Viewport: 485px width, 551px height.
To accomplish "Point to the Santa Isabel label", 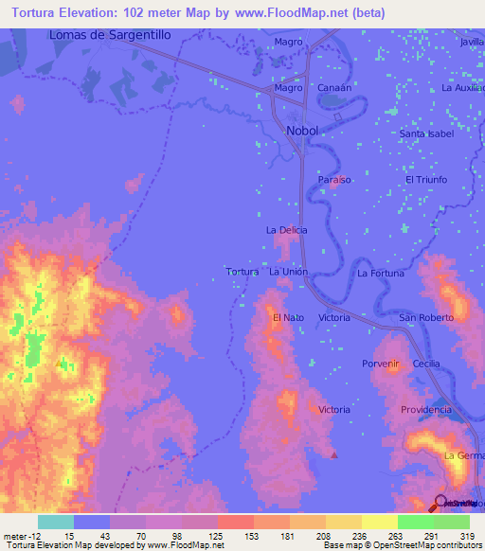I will click(426, 133).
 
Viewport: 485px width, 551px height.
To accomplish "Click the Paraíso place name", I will click(334, 179).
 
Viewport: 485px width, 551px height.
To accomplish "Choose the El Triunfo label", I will click(426, 179).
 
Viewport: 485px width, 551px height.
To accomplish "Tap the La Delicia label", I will click(285, 230).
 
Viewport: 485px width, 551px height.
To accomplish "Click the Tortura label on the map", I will click(242, 272).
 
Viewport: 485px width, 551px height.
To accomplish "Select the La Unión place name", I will click(289, 272).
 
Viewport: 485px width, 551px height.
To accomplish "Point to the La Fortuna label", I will click(381, 273).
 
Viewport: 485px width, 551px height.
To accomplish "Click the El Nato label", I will click(287, 317).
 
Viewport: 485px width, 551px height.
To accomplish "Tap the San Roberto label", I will click(425, 317).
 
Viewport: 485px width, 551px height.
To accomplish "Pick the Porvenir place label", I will click(382, 364).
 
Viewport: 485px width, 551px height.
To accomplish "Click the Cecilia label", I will click(426, 364).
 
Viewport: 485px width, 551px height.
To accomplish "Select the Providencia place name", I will click(425, 409).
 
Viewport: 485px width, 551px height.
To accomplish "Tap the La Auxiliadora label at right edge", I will click(462, 88).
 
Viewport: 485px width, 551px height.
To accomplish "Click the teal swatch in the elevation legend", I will click(56, 522).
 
